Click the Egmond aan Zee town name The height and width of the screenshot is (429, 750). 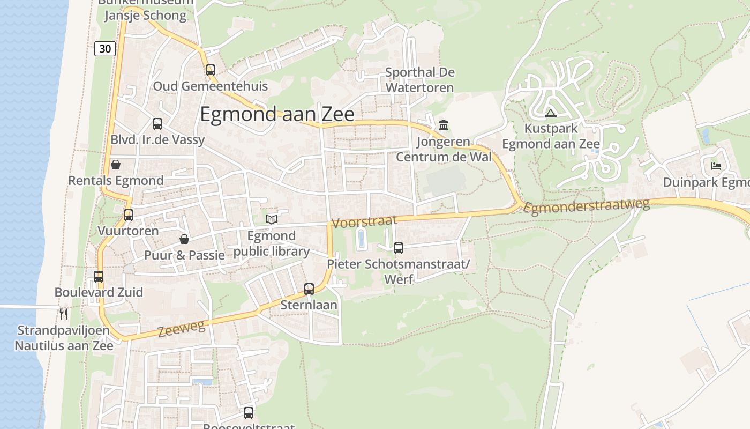pos(277,115)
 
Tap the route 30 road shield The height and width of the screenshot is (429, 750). pos(105,49)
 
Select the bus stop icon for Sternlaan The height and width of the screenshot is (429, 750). pos(309,289)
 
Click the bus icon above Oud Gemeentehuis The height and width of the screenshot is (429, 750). pos(211,70)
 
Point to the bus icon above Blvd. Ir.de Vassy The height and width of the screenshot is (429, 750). pos(157,124)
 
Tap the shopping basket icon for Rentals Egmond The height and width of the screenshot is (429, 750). pos(115,165)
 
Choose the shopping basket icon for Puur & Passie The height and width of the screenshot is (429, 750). pos(184,239)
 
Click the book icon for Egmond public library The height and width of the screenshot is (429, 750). pos(272,219)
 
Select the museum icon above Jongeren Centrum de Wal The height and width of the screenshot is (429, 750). pos(444,125)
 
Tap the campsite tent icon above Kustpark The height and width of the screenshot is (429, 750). pos(551,113)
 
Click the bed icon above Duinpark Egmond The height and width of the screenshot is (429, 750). pos(716,166)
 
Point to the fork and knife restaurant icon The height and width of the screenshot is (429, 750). pos(64,313)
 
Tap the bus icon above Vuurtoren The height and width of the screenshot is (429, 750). pos(129,215)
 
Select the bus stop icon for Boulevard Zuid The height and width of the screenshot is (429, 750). pos(99,277)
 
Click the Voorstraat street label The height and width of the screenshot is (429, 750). pos(364,221)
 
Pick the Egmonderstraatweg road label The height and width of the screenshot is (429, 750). pos(587,206)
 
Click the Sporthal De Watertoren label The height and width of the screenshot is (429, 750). pos(419,80)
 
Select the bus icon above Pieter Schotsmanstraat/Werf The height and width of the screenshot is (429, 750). pos(399,248)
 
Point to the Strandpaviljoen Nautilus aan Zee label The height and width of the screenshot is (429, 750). pos(64,338)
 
